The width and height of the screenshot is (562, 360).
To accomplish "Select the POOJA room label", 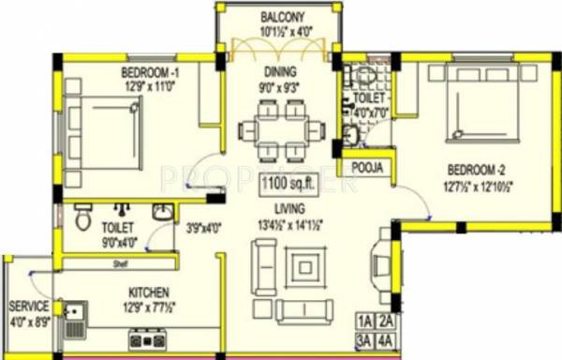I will click(x=367, y=169).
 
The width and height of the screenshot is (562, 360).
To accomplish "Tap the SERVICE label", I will click(x=28, y=307).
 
